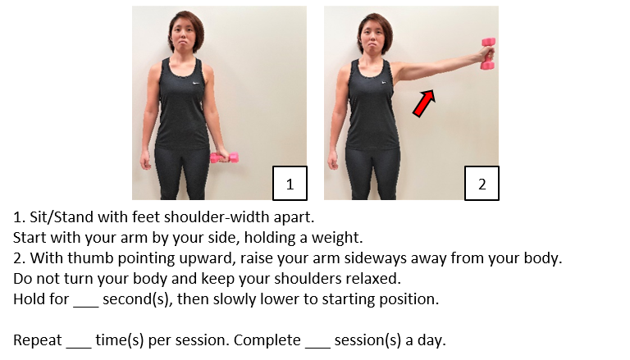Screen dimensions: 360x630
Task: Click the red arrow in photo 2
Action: click(x=423, y=103)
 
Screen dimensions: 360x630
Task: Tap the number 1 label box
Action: click(x=290, y=184)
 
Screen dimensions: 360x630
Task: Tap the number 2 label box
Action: click(x=482, y=184)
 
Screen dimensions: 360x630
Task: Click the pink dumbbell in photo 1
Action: click(x=225, y=157)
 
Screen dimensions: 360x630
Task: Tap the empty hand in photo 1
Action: click(x=145, y=159)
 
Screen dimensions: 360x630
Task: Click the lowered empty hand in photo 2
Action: click(x=333, y=159)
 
